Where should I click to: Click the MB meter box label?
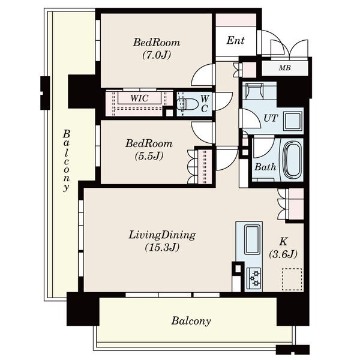284,68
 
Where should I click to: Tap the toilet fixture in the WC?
188,104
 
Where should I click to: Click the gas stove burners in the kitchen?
254,279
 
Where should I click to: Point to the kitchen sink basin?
253,239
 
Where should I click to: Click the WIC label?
139,98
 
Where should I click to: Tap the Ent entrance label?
235,41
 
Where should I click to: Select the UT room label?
271,118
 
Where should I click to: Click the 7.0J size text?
157,55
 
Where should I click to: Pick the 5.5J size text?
149,156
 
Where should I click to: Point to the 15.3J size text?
162,247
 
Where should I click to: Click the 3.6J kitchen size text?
283,254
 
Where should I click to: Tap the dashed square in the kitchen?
292,279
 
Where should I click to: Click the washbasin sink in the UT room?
293,121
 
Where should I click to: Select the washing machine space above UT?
254,91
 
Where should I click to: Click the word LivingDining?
162,235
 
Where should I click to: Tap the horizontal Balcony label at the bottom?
191,321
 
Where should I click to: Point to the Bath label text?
265,167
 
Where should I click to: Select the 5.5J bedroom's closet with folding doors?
205,167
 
